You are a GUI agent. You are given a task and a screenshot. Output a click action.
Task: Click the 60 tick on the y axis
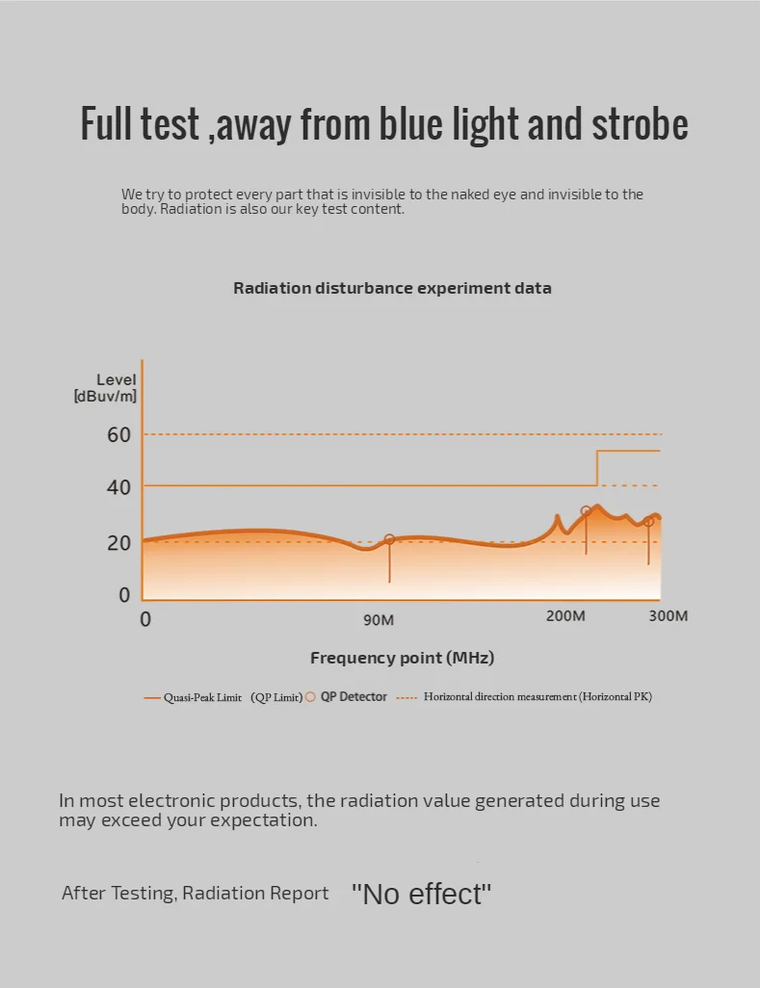118,434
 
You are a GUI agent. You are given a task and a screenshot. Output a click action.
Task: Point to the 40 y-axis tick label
118,487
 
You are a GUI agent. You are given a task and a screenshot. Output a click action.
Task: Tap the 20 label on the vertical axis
118,543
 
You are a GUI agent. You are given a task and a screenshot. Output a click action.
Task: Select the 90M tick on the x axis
379,620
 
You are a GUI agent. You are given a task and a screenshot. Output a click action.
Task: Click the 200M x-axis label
565,616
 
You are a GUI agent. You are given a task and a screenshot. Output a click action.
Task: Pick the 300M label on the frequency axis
668,616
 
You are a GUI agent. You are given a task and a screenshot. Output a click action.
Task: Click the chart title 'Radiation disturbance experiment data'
392,288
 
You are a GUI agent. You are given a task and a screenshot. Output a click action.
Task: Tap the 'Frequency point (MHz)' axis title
402,659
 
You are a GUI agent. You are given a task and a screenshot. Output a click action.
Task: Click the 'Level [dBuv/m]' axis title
106,387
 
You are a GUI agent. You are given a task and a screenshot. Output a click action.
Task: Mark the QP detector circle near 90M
389,540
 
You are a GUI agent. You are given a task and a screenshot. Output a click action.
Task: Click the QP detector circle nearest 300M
648,522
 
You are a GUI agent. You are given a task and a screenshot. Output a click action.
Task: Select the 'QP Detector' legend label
354,696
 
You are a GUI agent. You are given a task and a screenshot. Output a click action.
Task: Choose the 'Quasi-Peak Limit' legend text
202,697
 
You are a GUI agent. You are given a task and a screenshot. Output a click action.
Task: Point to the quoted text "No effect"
421,895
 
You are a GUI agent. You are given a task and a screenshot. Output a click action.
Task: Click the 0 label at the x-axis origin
145,619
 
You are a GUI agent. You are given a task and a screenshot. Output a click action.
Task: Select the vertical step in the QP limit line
597,468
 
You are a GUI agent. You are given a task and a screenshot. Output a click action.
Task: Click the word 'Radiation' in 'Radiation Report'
222,894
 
